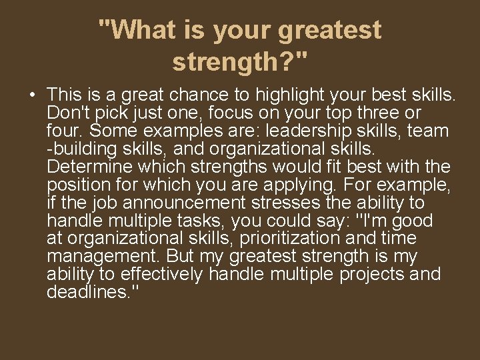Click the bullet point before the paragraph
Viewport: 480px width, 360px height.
[33, 95]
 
